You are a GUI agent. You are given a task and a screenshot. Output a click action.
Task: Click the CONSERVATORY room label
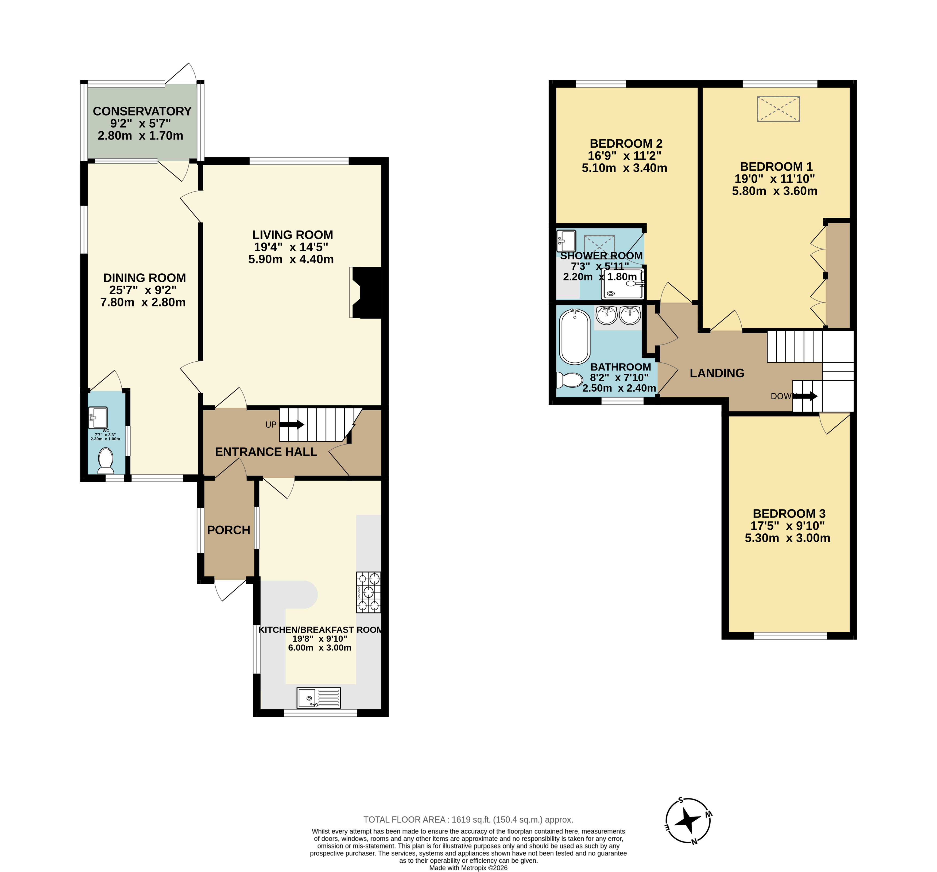(142, 111)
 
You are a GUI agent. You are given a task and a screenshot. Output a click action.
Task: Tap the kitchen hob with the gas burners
(368, 592)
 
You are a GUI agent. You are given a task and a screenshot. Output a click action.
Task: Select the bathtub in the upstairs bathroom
(575, 336)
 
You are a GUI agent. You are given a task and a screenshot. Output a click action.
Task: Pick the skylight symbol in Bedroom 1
(778, 109)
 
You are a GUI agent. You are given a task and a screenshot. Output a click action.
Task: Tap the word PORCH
(229, 530)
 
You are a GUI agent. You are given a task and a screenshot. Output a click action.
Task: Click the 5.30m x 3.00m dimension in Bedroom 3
(787, 538)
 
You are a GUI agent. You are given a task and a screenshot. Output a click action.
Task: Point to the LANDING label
(717, 373)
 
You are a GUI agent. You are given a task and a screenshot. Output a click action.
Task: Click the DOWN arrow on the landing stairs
(806, 396)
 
